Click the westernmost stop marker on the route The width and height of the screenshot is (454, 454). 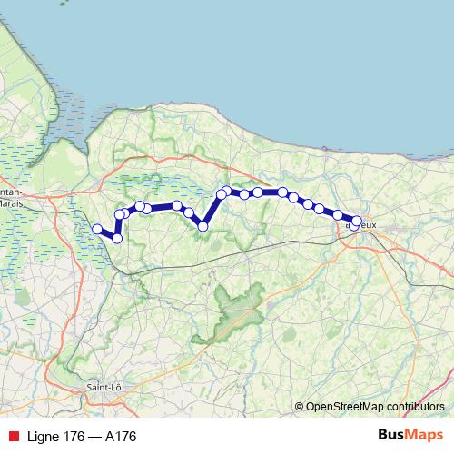click(97, 229)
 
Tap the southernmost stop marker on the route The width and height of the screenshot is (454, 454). click(117, 238)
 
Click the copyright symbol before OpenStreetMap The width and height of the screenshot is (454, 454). click(300, 407)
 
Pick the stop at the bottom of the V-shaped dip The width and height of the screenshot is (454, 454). click(203, 226)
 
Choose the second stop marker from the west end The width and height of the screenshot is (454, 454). click(117, 238)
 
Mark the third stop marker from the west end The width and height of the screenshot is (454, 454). click(120, 214)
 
